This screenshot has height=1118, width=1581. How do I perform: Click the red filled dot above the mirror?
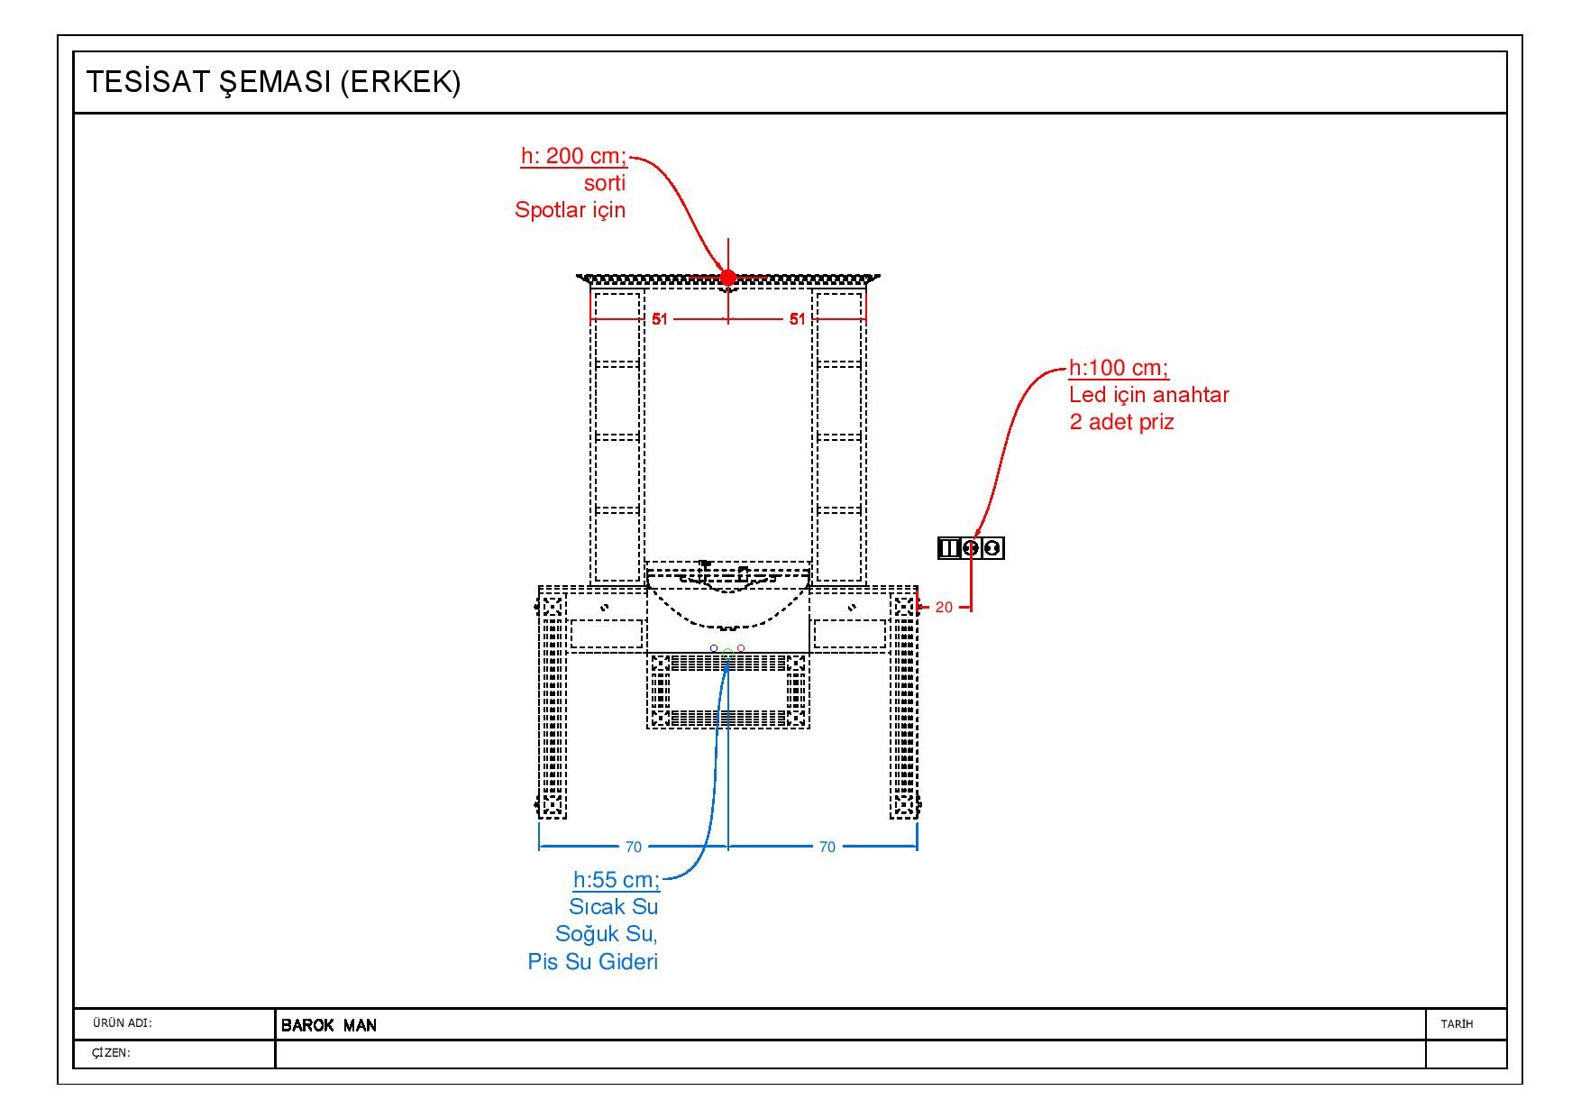pyautogui.click(x=728, y=278)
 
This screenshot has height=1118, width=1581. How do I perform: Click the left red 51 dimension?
pyautogui.click(x=660, y=319)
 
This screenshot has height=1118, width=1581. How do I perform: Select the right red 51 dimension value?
pyautogui.click(x=797, y=319)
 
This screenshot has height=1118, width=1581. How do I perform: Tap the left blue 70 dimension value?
pyautogui.click(x=634, y=847)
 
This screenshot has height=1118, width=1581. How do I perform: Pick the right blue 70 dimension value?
pyautogui.click(x=827, y=847)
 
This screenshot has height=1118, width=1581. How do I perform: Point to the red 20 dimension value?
pyautogui.click(x=944, y=608)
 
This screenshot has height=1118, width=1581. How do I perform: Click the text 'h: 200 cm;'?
pyautogui.click(x=573, y=156)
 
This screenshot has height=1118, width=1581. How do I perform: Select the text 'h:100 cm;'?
pyautogui.click(x=1119, y=368)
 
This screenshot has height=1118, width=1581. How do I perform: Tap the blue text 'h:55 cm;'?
pyautogui.click(x=617, y=880)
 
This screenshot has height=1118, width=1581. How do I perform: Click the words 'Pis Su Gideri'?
pyautogui.click(x=593, y=962)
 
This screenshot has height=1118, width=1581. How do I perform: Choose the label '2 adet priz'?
pyautogui.click(x=1121, y=422)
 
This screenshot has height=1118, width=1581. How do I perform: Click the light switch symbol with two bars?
pyautogui.click(x=948, y=547)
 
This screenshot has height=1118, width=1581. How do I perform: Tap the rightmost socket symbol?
pyautogui.click(x=992, y=547)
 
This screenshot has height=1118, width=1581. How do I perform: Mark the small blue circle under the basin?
pyautogui.click(x=714, y=648)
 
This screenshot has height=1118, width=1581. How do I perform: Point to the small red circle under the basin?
pyautogui.click(x=741, y=648)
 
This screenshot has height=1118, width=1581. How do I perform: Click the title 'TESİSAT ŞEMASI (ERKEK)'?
pyautogui.click(x=273, y=82)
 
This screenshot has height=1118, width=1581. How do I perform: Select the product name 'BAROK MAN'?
pyautogui.click(x=329, y=1025)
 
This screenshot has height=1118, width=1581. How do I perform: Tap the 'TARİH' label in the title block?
pyautogui.click(x=1457, y=1024)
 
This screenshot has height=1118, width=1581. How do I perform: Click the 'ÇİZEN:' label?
pyautogui.click(x=111, y=1053)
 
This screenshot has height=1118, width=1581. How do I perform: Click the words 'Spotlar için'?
pyautogui.click(x=570, y=210)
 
